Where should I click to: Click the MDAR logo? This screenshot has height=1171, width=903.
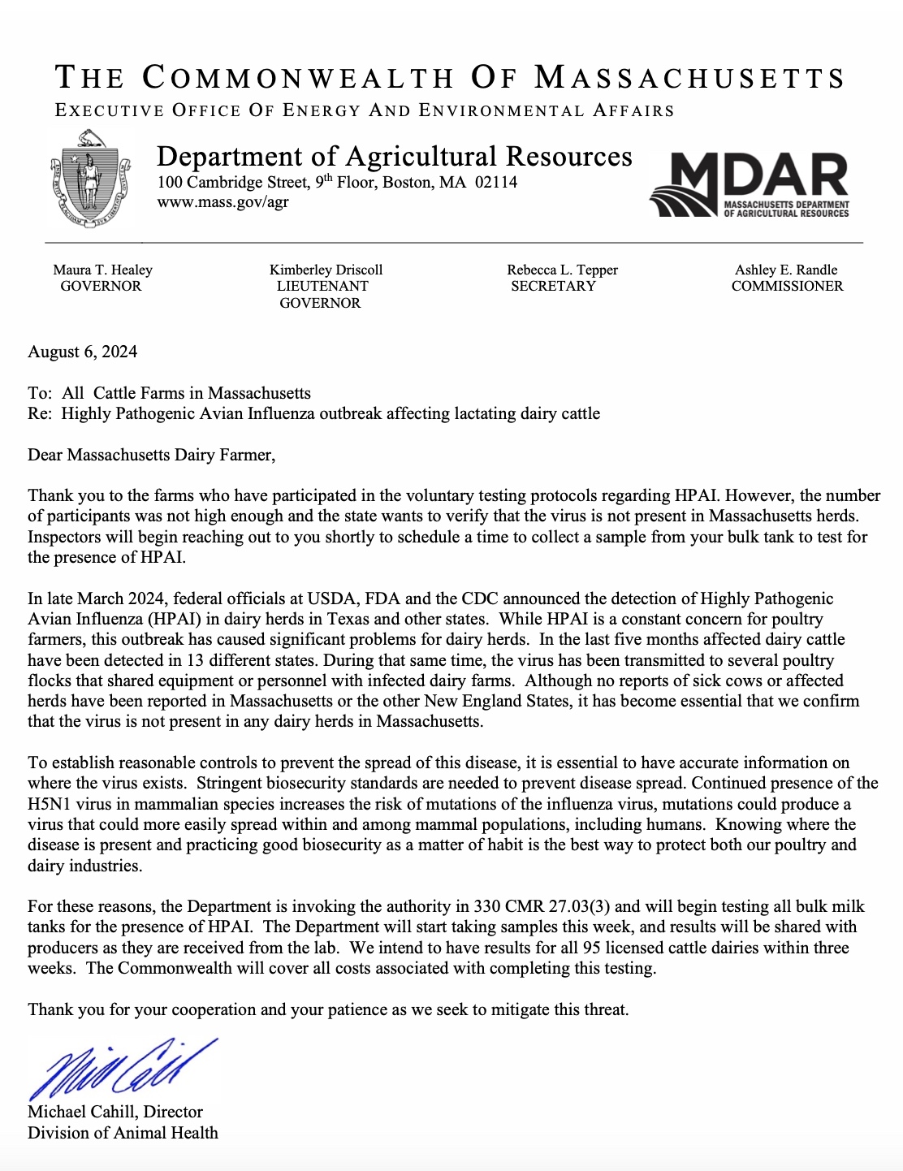pyautogui.click(x=749, y=184)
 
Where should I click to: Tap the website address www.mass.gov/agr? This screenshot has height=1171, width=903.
pyautogui.click(x=223, y=202)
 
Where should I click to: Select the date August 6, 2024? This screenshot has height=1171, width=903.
pyautogui.click(x=82, y=352)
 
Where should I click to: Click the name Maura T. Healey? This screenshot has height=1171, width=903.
pyautogui.click(x=102, y=270)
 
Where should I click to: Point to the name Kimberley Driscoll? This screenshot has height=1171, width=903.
pyautogui.click(x=326, y=270)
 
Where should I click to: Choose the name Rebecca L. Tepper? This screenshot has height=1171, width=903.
pyautogui.click(x=562, y=270)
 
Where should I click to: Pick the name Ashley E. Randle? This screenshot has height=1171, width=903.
pyautogui.click(x=786, y=270)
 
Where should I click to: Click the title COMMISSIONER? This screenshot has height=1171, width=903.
pyautogui.click(x=787, y=286)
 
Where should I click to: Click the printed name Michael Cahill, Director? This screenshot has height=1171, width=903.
pyautogui.click(x=115, y=1112)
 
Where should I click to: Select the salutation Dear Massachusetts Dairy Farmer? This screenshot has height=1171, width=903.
pyautogui.click(x=151, y=455)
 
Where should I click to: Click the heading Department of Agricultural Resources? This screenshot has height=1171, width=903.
pyautogui.click(x=394, y=155)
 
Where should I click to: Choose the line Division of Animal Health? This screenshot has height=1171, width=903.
pyautogui.click(x=123, y=1133)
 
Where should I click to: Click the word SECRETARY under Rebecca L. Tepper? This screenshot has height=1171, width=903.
pyautogui.click(x=553, y=286)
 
